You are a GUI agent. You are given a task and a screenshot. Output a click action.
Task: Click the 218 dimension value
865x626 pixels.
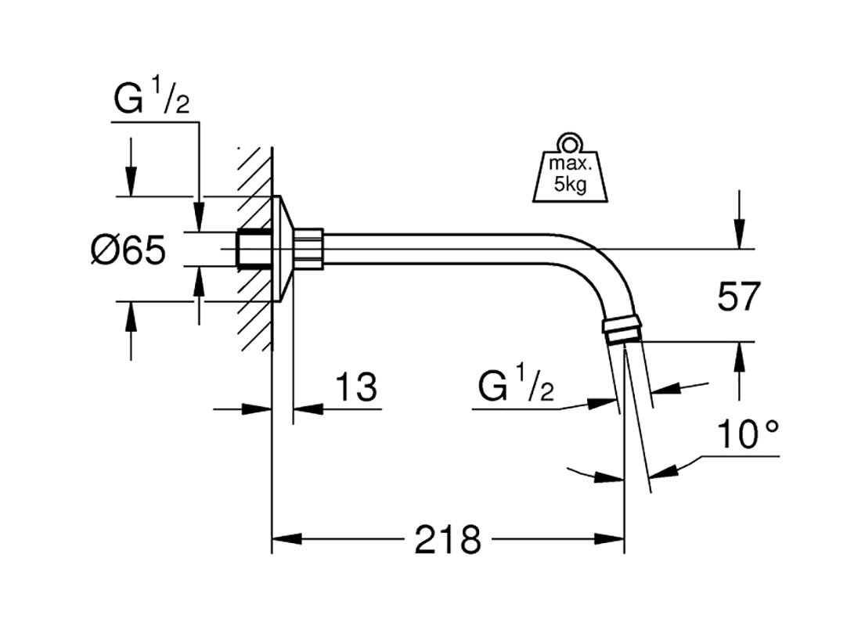click(x=448, y=539)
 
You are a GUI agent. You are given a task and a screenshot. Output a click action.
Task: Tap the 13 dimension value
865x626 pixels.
click(x=356, y=387)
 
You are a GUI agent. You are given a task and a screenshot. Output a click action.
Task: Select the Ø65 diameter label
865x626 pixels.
click(x=128, y=251)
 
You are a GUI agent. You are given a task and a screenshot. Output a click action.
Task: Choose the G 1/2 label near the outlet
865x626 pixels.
click(x=517, y=387)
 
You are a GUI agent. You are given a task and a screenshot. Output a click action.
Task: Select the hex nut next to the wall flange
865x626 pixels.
click(x=309, y=248)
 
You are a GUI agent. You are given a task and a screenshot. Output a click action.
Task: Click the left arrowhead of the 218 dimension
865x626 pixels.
click(x=287, y=539)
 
